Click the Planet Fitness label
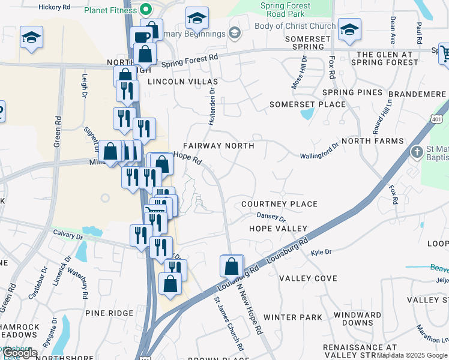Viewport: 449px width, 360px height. point(110,10)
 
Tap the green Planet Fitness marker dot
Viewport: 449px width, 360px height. point(145,10)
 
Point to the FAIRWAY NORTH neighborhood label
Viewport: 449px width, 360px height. point(218,146)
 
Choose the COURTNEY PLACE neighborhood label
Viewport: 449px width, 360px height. point(279,204)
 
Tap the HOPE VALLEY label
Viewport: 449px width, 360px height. point(279,229)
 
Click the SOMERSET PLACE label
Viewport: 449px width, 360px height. point(307,104)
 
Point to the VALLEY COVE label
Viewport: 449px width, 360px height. point(308,278)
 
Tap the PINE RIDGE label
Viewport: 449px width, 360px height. point(109,313)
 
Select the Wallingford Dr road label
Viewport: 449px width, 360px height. point(320,151)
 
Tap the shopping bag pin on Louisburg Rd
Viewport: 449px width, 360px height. point(232,265)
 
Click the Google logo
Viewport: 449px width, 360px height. point(19,353)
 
